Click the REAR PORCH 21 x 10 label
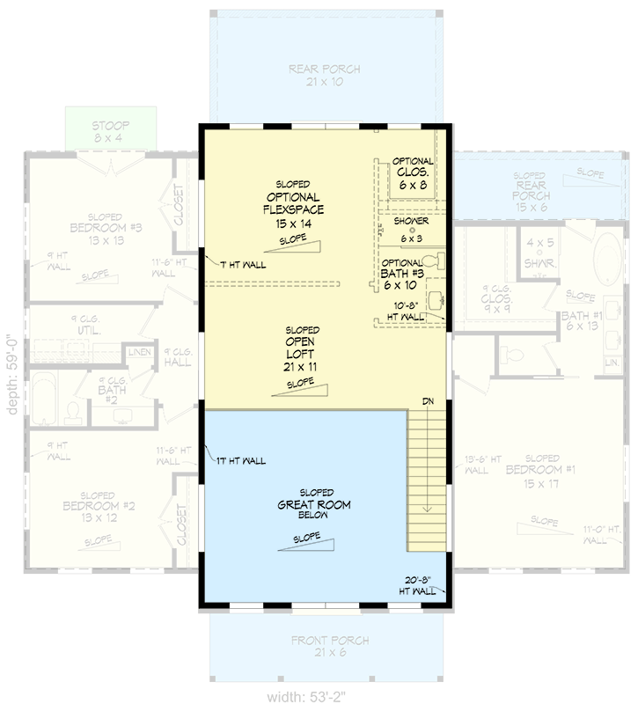coord(324,75)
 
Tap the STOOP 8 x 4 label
coord(111,131)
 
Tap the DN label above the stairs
coord(428,402)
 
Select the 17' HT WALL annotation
coord(238,460)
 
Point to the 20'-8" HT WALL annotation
coord(417,585)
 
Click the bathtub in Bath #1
coord(606,262)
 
